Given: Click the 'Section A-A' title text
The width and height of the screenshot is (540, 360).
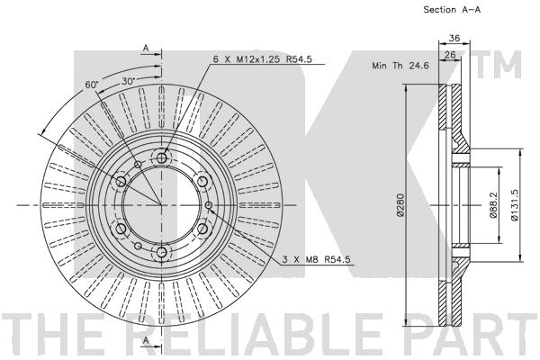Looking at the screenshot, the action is [452, 10].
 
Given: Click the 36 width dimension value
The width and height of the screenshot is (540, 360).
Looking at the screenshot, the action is [454, 38].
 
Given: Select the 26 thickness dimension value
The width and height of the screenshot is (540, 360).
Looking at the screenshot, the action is [450, 54].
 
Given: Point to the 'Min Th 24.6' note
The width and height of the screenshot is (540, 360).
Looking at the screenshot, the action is [400, 66].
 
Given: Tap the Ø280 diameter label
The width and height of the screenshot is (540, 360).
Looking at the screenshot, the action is [400, 204].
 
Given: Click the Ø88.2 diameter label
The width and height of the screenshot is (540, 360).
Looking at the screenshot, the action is [493, 205].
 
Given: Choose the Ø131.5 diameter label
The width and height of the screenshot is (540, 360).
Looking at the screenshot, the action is [514, 204].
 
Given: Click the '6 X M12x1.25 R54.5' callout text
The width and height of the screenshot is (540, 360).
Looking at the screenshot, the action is [263, 59].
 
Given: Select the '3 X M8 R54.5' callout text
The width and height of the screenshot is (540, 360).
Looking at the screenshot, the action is [316, 259].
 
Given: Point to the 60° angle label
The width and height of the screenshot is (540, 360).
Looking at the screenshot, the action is [92, 85].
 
